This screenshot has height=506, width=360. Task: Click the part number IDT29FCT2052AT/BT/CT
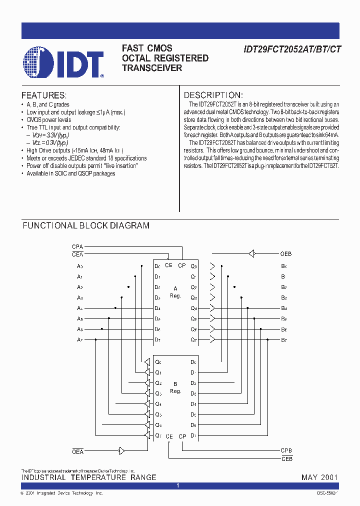[292, 49]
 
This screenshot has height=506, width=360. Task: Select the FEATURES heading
[43, 95]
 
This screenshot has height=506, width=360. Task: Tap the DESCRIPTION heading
[213, 95]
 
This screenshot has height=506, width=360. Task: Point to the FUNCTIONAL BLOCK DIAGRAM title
[86, 225]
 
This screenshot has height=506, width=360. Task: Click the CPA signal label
[77, 247]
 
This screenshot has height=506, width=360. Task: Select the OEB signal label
[285, 254]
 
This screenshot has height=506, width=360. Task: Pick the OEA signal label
[77, 451]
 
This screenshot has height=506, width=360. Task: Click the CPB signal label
[286, 450]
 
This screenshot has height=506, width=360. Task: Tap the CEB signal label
[286, 458]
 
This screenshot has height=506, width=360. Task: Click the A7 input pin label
[80, 340]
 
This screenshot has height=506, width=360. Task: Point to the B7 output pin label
[284, 340]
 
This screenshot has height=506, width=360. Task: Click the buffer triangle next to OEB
[251, 253]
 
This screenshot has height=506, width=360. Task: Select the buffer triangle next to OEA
[120, 451]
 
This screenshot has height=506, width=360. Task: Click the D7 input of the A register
[157, 340]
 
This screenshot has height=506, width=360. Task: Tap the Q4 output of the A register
[194, 308]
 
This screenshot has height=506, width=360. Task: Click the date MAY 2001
[319, 477]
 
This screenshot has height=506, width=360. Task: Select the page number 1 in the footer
[178, 485]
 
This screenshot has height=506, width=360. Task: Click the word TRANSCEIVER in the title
[152, 68]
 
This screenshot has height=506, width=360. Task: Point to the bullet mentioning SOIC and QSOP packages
[70, 173]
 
